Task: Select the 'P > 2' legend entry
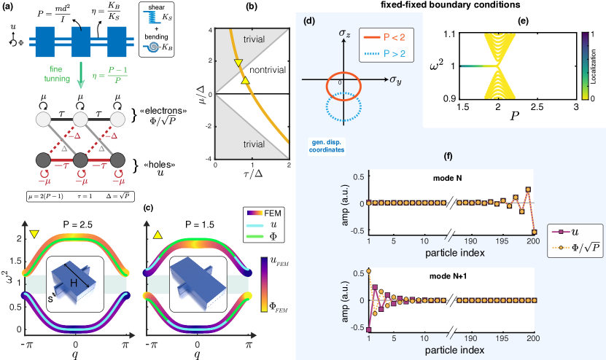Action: [x=360, y=52]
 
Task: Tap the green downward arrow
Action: [x=80, y=77]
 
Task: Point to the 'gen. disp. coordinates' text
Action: [x=325, y=145]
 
